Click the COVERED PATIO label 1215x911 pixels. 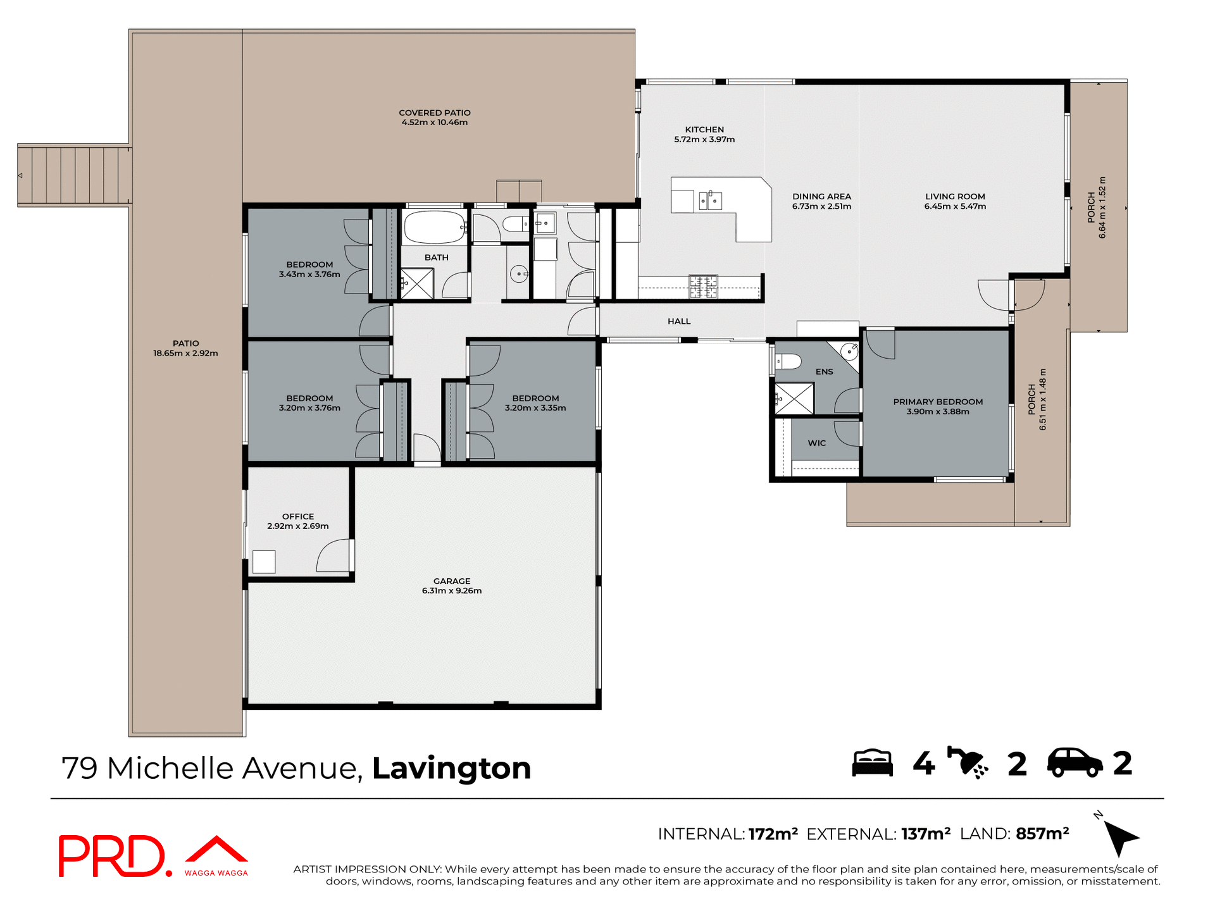(x=434, y=113)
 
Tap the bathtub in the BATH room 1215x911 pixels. (x=434, y=228)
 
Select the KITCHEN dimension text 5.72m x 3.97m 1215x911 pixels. (x=704, y=140)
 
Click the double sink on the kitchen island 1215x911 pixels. (x=710, y=201)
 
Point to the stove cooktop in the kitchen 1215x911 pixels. (x=703, y=286)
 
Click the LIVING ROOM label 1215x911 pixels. (x=955, y=196)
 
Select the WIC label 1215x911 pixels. (x=816, y=443)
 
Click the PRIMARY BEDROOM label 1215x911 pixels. (x=938, y=402)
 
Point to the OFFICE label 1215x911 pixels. (x=298, y=516)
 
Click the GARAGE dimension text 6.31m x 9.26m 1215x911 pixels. (x=452, y=591)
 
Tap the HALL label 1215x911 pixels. (x=679, y=321)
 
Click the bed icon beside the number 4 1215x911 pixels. (x=872, y=763)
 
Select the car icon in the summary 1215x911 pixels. (x=1075, y=763)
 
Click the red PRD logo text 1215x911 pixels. (x=113, y=855)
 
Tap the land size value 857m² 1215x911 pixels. (x=1042, y=834)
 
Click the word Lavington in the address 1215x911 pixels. (x=451, y=768)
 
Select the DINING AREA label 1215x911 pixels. (x=821, y=196)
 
